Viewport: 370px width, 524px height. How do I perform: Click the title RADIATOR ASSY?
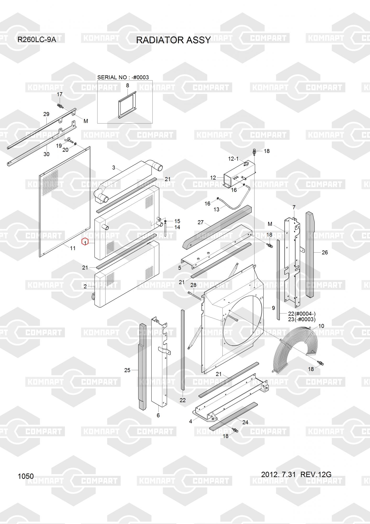coord(173,40)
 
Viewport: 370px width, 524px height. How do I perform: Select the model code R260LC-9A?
coord(37,40)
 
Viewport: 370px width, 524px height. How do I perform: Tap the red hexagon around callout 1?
coord(85,242)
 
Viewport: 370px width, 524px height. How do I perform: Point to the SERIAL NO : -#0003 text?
coord(123,77)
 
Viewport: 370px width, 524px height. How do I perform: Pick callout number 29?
coord(46,114)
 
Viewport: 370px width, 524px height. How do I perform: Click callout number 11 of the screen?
coord(73,248)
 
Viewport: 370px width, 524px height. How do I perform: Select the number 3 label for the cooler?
coord(114,167)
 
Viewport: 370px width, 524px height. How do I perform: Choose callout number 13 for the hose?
coord(217,209)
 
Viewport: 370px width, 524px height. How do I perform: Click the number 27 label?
coord(201,222)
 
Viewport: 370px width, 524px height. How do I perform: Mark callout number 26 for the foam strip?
coord(325,252)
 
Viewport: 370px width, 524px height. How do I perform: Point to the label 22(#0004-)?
coord(302,314)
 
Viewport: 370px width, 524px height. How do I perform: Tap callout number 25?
coord(127,370)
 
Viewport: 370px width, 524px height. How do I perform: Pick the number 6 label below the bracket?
coord(158,415)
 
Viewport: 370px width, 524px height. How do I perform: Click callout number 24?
coord(245,422)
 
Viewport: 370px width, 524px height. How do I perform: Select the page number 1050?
coord(26,476)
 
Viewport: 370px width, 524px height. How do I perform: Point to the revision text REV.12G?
coord(316,474)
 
